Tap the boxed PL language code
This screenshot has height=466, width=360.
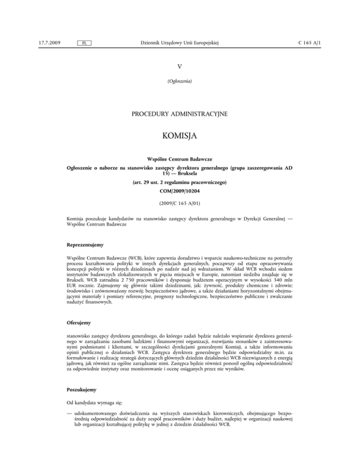(83, 44)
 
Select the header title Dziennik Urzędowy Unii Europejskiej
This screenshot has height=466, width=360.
(180, 43)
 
